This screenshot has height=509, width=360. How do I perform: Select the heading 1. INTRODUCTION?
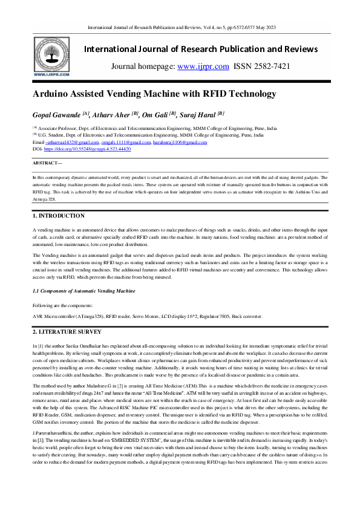pyautogui.click(x=58, y=216)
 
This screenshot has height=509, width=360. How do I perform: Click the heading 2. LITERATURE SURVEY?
pyautogui.click(x=67, y=332)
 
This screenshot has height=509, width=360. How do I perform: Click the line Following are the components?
pyautogui.click(x=62, y=305)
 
